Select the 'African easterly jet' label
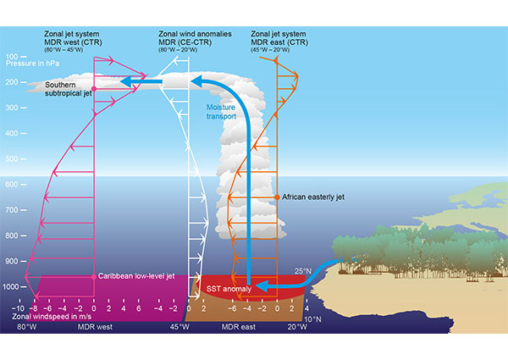[314, 197]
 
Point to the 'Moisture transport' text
[221, 111]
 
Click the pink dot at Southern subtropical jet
[94, 88]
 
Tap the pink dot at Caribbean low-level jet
[94, 277]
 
